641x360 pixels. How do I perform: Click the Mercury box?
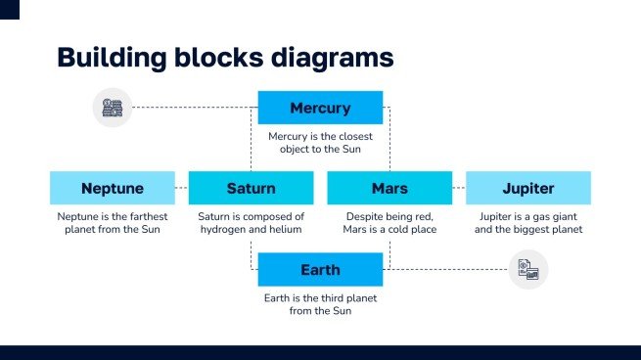(x=320, y=108)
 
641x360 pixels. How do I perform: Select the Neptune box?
(x=113, y=188)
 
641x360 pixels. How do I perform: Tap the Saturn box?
(x=251, y=188)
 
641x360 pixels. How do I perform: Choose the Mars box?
(x=389, y=188)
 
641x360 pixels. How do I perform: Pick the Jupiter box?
(x=527, y=188)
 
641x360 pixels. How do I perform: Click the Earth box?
(x=320, y=269)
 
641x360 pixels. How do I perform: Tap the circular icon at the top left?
(x=113, y=108)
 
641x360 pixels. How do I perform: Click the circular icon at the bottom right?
(x=527, y=270)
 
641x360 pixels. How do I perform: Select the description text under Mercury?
(x=320, y=143)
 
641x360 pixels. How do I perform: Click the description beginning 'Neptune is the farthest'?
(x=113, y=222)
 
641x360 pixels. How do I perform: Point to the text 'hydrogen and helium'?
(x=251, y=229)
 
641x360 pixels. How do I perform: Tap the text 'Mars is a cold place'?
(x=389, y=229)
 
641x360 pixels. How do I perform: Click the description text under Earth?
(x=320, y=303)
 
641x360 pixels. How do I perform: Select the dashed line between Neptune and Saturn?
(x=181, y=188)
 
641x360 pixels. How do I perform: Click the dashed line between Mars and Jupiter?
(x=458, y=188)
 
